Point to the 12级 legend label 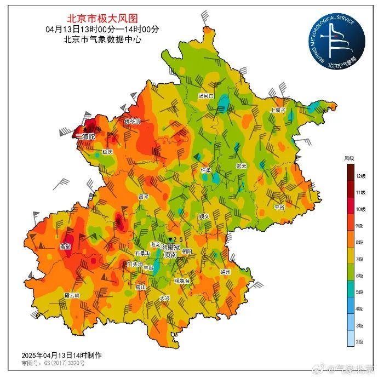(x=359, y=176)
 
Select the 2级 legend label (x=359, y=341)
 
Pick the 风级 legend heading (x=349, y=158)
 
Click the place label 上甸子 (x=278, y=110)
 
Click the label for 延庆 (x=107, y=151)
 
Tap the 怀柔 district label (x=206, y=170)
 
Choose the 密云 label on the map (x=241, y=166)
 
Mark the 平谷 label (x=280, y=207)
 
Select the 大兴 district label (x=165, y=298)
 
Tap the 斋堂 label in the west (x=65, y=247)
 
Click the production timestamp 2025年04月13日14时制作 (x=61, y=355)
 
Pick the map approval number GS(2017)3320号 (x=53, y=363)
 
